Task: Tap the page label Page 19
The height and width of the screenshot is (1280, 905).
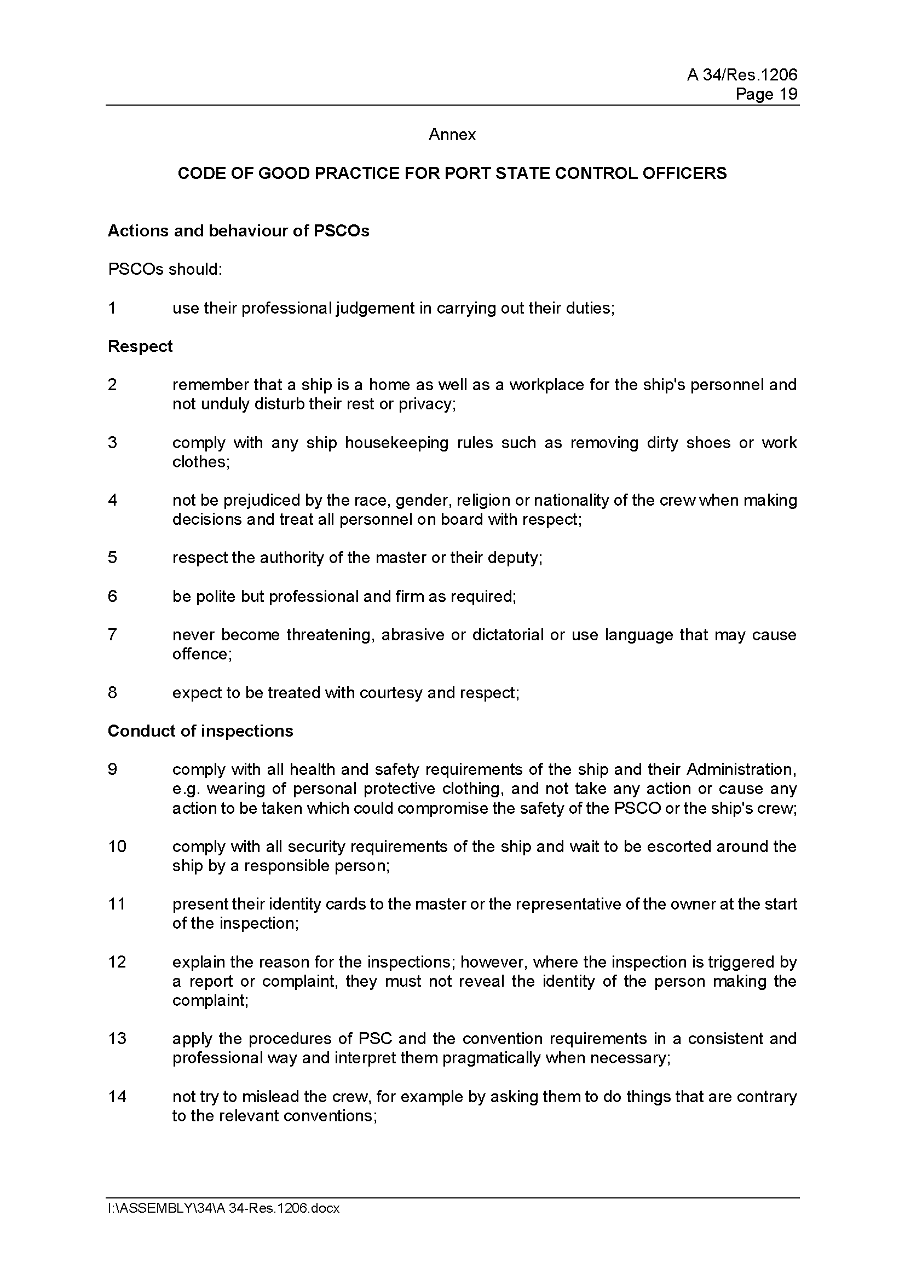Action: (x=766, y=94)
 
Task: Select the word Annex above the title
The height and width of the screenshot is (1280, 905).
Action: (x=452, y=135)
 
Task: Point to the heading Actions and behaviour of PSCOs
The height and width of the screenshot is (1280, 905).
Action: (x=238, y=231)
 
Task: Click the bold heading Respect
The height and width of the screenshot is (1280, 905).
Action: (x=140, y=346)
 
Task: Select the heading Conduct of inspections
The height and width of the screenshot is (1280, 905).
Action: (x=200, y=731)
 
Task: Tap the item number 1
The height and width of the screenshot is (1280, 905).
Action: (x=112, y=308)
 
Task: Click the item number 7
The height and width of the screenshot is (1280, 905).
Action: (x=112, y=634)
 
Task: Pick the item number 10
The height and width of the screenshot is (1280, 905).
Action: (x=117, y=846)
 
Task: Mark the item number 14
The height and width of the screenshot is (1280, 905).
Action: (x=117, y=1097)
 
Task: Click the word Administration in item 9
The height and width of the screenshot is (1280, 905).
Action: (x=741, y=769)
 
